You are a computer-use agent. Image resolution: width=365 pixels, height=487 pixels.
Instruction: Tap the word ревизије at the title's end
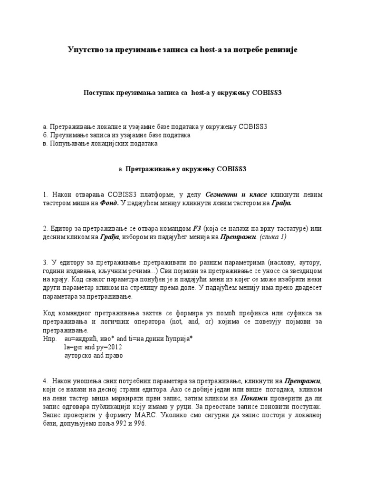[x=279, y=50]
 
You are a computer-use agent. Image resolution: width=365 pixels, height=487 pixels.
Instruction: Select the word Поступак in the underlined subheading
[x=100, y=93]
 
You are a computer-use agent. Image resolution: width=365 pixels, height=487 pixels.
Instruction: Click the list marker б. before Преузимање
[x=45, y=135]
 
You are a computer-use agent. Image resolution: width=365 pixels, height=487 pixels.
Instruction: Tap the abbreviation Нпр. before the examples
[x=49, y=339]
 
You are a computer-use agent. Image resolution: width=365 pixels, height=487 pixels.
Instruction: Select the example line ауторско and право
[x=93, y=356]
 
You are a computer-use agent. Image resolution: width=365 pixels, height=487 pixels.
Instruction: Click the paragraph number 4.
[x=44, y=381]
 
